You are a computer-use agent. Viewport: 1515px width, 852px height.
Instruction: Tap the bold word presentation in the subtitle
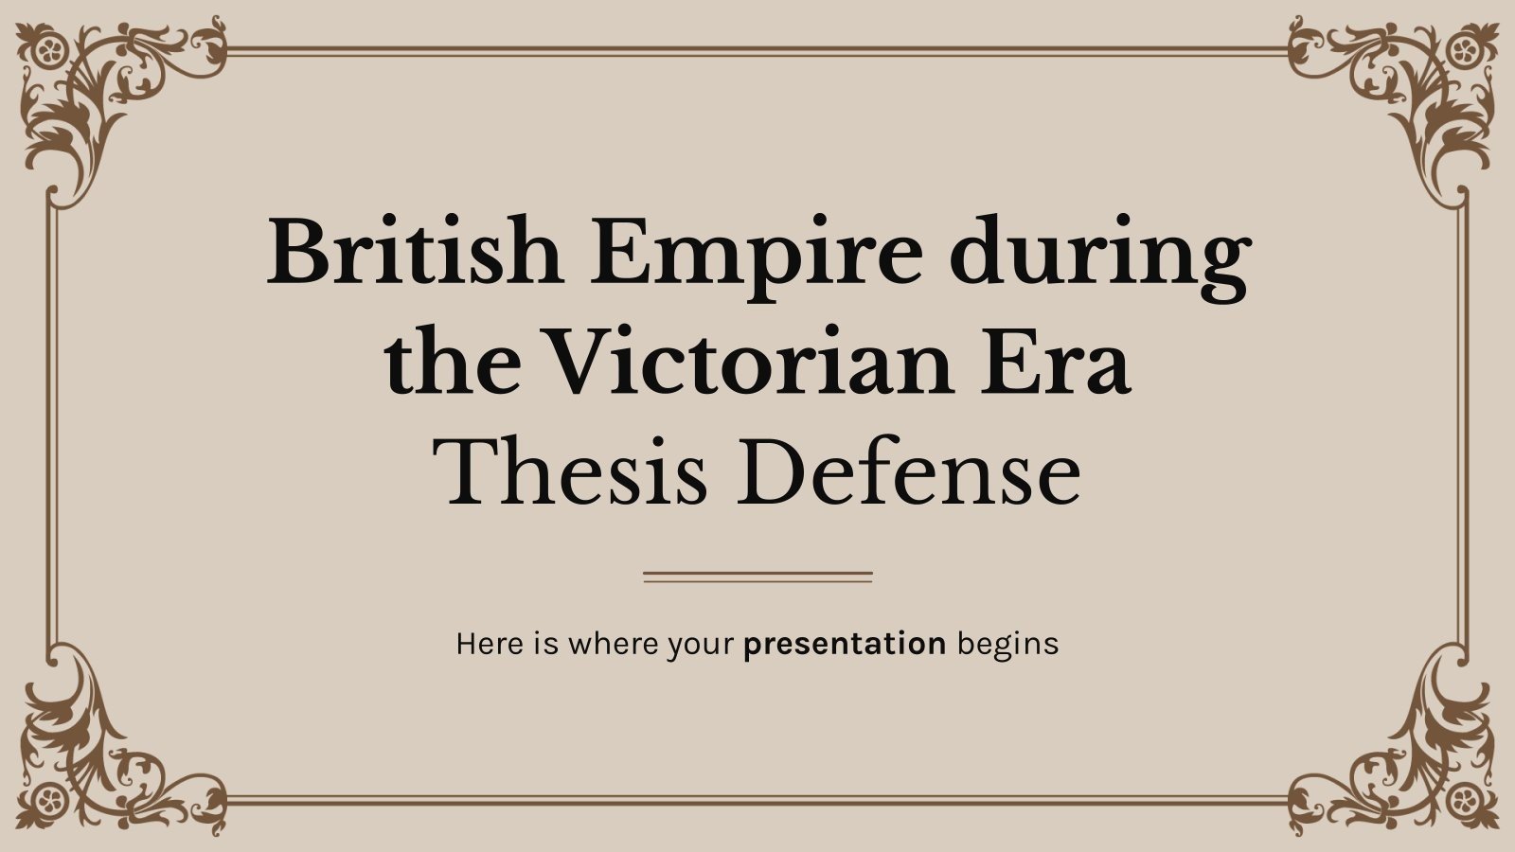[x=845, y=645]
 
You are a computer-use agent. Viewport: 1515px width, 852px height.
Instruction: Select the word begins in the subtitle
[x=1007, y=644]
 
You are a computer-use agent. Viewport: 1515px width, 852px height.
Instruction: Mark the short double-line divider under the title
[x=757, y=576]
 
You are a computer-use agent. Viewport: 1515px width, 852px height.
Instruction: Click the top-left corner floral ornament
[x=104, y=95]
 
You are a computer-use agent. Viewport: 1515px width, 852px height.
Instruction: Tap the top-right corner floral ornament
[x=1411, y=95]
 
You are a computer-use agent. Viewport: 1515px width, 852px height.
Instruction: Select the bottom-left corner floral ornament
[x=104, y=757]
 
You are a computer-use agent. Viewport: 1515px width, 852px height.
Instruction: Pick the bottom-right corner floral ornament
[x=1411, y=757]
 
